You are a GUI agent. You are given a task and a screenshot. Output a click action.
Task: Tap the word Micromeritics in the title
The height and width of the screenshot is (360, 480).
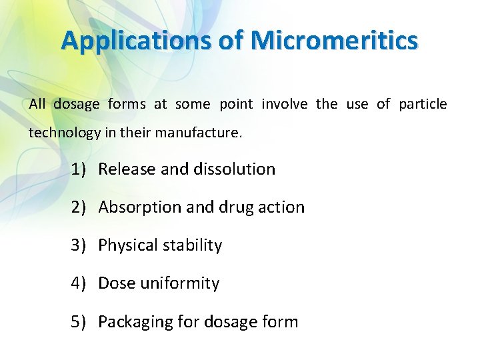335,41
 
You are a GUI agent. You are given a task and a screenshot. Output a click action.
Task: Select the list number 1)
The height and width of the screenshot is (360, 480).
79,169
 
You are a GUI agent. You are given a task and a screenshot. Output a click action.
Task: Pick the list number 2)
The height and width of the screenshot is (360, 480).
79,207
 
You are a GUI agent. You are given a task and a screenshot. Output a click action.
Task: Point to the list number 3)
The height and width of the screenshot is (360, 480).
79,245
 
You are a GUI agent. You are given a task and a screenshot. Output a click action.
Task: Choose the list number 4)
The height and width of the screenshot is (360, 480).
79,283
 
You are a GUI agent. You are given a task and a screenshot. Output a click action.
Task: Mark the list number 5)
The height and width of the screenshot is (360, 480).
79,322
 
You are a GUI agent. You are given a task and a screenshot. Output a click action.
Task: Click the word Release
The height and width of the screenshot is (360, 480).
127,169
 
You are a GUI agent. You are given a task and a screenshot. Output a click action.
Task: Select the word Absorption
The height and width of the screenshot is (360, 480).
141,207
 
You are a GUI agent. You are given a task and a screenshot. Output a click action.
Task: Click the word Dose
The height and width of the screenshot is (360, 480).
117,283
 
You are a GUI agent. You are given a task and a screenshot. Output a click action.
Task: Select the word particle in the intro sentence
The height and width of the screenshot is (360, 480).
423,104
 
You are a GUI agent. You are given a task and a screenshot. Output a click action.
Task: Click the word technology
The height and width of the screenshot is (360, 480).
65,133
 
